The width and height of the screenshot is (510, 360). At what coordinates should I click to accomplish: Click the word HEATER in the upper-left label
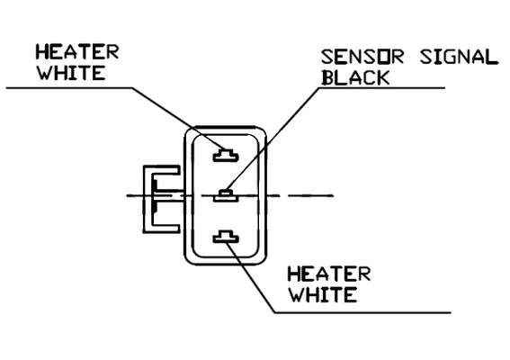coord(77,52)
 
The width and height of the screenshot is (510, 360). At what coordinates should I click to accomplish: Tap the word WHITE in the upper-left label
coord(71,73)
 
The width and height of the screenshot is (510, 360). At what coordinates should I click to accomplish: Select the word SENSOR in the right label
coord(362,57)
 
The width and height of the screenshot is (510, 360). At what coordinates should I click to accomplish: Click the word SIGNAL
coord(460,57)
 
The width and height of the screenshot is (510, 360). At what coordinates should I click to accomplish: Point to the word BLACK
coord(355,77)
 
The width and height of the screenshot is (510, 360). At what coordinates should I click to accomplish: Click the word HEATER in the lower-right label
coord(329,274)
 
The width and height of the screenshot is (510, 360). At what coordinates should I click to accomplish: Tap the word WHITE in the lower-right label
coord(323,294)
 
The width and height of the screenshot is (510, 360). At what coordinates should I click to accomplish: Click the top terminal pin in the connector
coord(226,156)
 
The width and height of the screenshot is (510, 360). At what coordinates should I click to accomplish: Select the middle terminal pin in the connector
coord(226,195)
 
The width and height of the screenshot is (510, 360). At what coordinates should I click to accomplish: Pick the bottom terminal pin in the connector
coord(226,237)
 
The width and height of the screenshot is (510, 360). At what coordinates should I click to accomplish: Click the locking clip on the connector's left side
coord(162,199)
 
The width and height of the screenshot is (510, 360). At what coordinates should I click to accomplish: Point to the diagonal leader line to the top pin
coord(178,119)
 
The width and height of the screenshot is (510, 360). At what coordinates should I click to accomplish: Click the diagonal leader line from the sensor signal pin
coord(273,139)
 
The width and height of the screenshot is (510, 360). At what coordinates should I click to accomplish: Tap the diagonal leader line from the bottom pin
coord(250,277)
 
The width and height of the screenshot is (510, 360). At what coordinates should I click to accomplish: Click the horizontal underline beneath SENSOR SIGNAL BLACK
coord(382,87)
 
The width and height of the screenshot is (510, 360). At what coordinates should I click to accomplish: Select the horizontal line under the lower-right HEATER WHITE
coord(363,312)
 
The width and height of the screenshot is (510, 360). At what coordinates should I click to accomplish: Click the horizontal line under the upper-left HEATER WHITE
coord(69,87)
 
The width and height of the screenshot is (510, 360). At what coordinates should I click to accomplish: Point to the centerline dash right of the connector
coord(310,195)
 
